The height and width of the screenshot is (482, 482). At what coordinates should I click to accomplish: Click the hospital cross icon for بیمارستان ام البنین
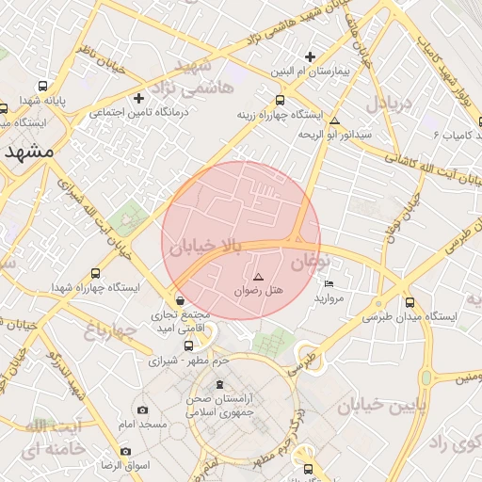(310, 56)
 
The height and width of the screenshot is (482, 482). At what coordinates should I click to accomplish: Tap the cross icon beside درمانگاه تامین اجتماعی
(139, 98)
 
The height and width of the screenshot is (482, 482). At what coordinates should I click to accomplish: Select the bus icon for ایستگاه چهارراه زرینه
(280, 100)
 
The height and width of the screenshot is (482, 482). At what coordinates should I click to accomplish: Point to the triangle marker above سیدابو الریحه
(334, 120)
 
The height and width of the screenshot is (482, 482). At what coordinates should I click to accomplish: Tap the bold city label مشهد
(27, 152)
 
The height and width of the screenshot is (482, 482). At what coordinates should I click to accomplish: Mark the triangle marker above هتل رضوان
(258, 277)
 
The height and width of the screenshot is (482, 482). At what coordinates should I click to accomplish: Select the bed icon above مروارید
(329, 283)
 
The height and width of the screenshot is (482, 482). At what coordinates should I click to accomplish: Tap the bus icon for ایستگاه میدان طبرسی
(410, 302)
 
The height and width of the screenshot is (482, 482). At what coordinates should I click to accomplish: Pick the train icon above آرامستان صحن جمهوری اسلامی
(221, 384)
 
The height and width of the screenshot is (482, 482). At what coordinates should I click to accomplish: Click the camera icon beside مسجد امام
(143, 410)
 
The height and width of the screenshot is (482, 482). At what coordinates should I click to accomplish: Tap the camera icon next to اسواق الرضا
(126, 451)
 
